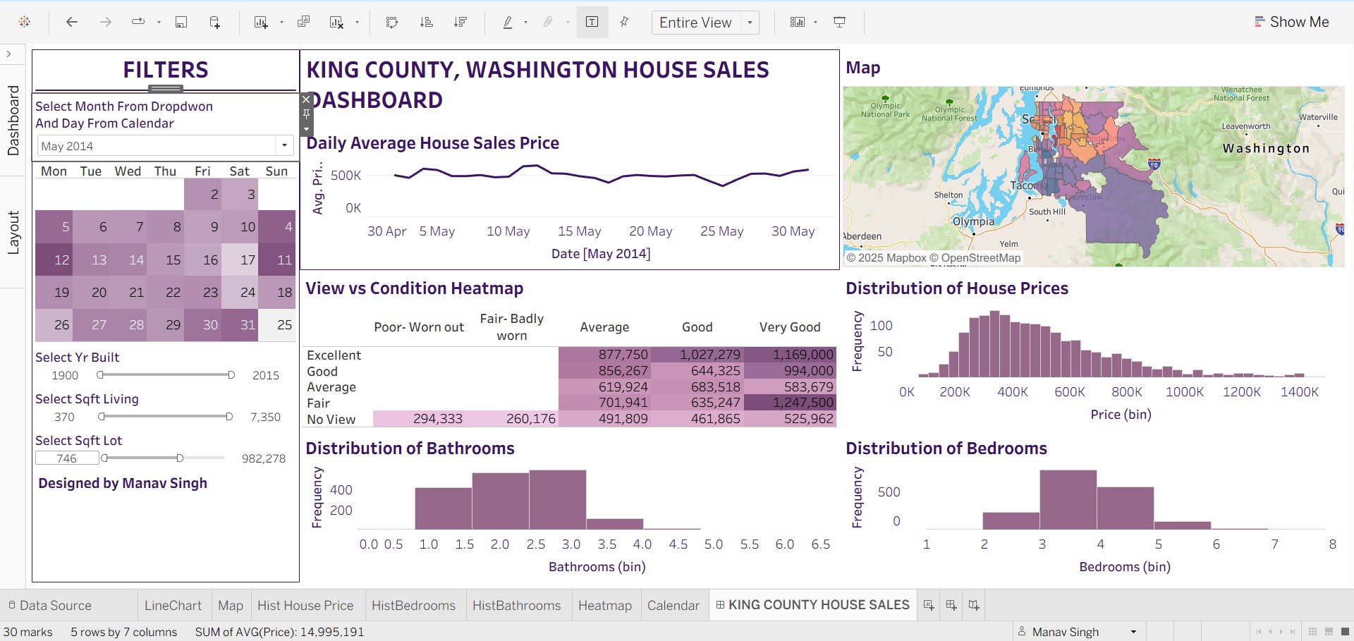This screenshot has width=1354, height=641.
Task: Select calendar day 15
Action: [x=173, y=260]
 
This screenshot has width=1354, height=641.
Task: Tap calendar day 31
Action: [x=248, y=325]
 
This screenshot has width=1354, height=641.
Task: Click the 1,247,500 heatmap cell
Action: [x=790, y=403]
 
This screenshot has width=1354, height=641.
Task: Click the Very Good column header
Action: [x=789, y=327]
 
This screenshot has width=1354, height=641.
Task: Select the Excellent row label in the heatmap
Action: [x=334, y=355]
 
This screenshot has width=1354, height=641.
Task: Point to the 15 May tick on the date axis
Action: [x=579, y=231]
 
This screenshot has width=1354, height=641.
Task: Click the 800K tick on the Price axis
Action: [x=1126, y=392]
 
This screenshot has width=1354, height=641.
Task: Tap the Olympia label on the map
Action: [x=973, y=221]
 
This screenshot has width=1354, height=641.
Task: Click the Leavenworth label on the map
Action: [x=1245, y=126]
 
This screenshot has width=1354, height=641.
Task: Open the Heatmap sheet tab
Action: [x=604, y=606]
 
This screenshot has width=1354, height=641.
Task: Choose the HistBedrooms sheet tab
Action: [x=413, y=606]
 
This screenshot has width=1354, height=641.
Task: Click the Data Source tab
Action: [x=55, y=606]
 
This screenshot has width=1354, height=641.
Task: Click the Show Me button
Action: [x=1292, y=22]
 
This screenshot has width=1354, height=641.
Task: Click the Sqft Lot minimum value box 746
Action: [x=67, y=458]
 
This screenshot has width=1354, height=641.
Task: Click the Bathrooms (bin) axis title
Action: [x=597, y=567]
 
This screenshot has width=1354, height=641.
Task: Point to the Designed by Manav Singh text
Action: [x=123, y=483]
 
